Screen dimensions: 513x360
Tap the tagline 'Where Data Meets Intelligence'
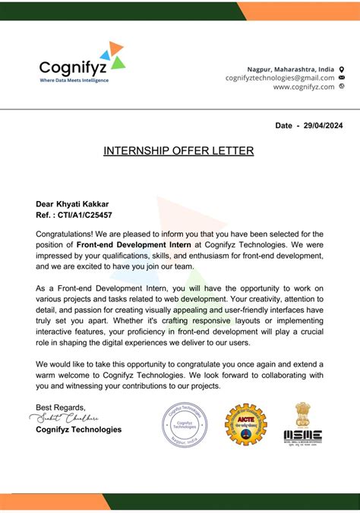(x=74, y=80)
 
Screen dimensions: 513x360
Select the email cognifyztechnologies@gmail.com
(x=279, y=77)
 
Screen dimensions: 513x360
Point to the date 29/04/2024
(x=322, y=124)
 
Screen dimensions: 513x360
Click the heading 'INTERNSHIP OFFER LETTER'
(x=178, y=151)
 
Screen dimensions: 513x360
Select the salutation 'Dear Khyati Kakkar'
(x=72, y=203)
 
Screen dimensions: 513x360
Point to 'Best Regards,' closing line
(x=61, y=407)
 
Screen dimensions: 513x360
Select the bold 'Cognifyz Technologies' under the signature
(x=78, y=430)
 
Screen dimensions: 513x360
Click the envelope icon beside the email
(x=342, y=77)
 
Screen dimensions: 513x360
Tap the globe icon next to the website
(x=342, y=87)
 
